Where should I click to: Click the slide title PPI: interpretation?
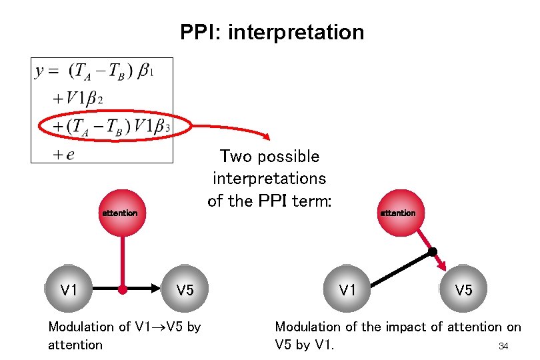(x=272, y=32)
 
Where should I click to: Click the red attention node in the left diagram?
(x=120, y=213)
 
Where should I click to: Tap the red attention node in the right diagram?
(x=398, y=213)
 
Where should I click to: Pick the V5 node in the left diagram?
(x=185, y=289)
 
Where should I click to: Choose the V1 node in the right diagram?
(x=347, y=289)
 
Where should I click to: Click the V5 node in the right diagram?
(x=464, y=289)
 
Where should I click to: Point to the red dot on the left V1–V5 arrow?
(x=123, y=290)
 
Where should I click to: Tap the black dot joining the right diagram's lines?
(x=433, y=252)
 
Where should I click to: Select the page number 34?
(x=503, y=346)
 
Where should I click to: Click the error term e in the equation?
(x=69, y=155)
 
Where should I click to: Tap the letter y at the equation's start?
(x=41, y=71)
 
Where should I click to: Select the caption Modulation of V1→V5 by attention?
(x=124, y=335)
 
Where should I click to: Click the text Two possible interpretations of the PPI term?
(x=269, y=179)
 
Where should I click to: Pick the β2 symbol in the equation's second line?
(x=95, y=99)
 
